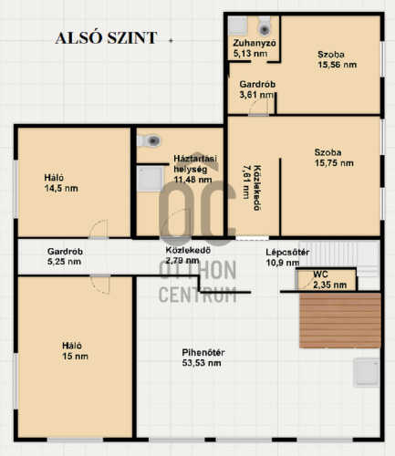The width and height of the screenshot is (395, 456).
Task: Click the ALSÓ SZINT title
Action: [106, 38]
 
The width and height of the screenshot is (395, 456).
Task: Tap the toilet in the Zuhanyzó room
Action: [265, 26]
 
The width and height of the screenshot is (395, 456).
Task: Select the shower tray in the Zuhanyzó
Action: [237, 26]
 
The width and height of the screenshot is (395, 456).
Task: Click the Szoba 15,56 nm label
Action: [337, 59]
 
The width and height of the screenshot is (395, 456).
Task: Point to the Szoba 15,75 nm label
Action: [334, 158]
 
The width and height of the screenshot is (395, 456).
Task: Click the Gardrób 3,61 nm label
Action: [257, 89]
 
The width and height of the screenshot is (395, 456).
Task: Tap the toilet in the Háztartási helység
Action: [150, 140]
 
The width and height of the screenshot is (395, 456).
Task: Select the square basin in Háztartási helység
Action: [150, 179]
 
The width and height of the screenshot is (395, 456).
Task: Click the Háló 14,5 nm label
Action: [61, 183]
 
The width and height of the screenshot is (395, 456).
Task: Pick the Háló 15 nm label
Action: [75, 351]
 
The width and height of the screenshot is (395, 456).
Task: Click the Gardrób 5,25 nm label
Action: [65, 256]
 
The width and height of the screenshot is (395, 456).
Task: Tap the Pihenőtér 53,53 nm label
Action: [203, 358]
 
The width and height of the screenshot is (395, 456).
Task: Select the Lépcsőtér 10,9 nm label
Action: [287, 257]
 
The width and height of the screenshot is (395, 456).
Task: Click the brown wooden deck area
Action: [340, 320]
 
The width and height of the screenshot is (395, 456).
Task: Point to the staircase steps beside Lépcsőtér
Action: [339, 254]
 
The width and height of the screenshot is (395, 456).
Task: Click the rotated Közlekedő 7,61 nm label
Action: [252, 188]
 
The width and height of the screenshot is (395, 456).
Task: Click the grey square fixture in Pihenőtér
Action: [367, 372]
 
